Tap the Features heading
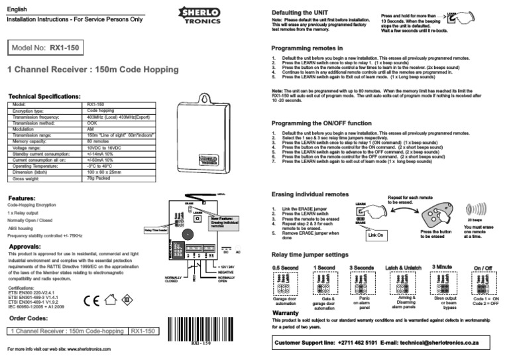point(26,198)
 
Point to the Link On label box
point(376,234)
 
